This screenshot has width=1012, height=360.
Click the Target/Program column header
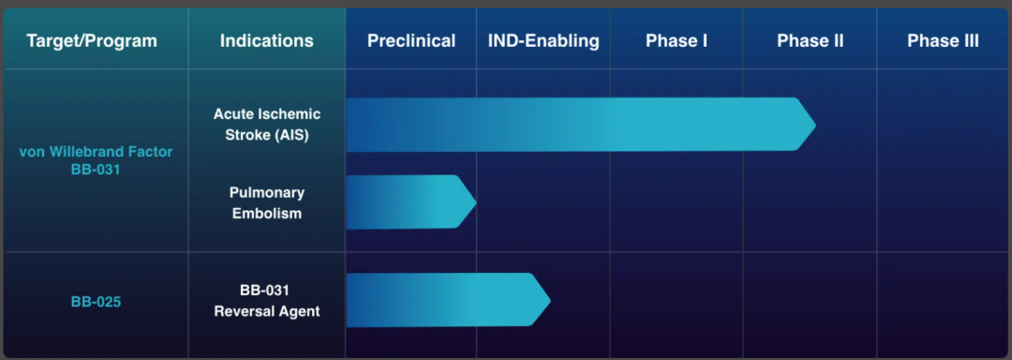(92, 41)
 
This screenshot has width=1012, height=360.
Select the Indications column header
(266, 41)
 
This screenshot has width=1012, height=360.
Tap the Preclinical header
(411, 41)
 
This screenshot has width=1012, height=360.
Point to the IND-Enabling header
(543, 41)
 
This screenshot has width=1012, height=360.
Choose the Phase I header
(677, 41)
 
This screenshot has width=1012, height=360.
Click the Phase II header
(810, 41)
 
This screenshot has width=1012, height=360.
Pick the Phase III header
(943, 41)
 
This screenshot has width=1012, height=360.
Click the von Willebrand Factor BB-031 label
(96, 161)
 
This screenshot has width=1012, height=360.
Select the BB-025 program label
(96, 301)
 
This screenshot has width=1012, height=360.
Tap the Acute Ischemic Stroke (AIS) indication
(267, 125)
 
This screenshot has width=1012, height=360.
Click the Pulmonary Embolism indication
(266, 202)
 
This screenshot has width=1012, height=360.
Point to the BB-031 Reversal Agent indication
(266, 301)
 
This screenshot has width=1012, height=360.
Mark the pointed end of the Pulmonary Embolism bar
(476, 202)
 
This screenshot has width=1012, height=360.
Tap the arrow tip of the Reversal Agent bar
(550, 300)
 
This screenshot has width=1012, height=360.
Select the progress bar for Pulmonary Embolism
(411, 202)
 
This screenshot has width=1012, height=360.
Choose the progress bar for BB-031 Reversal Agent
(449, 300)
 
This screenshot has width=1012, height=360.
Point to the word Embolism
(266, 213)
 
